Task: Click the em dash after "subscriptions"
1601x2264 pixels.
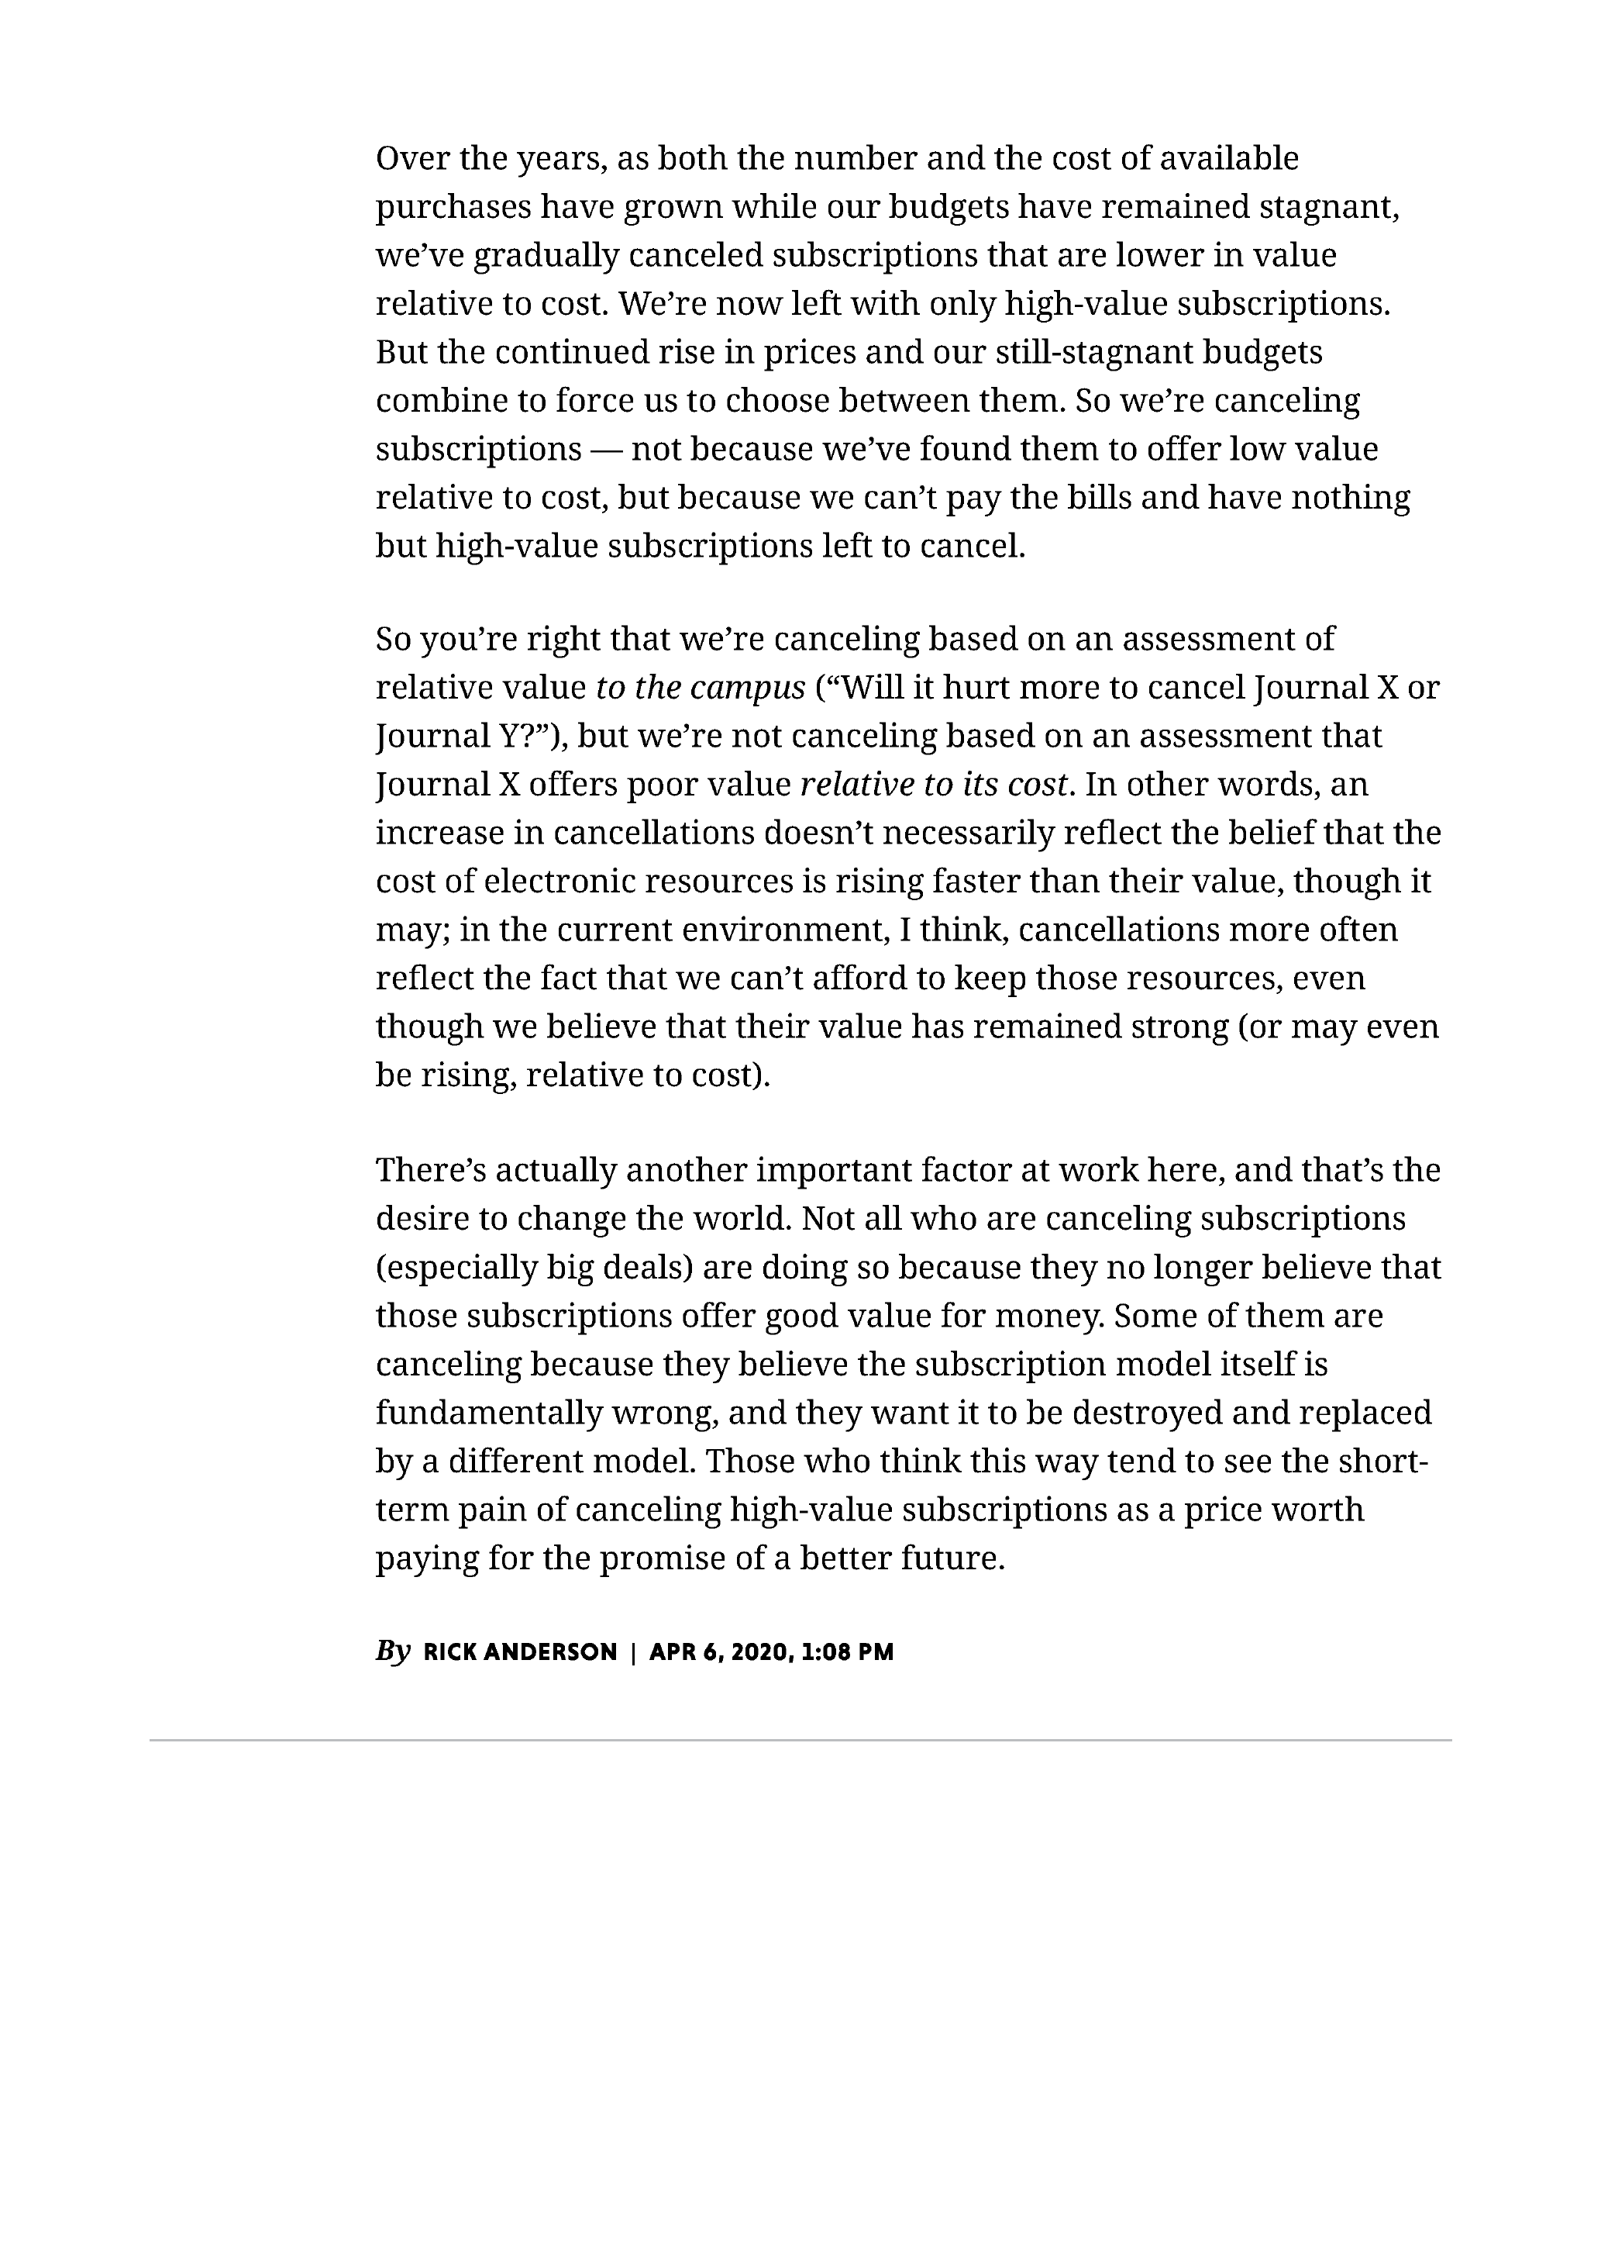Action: tap(606, 450)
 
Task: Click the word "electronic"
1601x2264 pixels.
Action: tap(559, 882)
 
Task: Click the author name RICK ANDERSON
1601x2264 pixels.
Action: tap(519, 1652)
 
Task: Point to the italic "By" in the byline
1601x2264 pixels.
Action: tap(392, 1651)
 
